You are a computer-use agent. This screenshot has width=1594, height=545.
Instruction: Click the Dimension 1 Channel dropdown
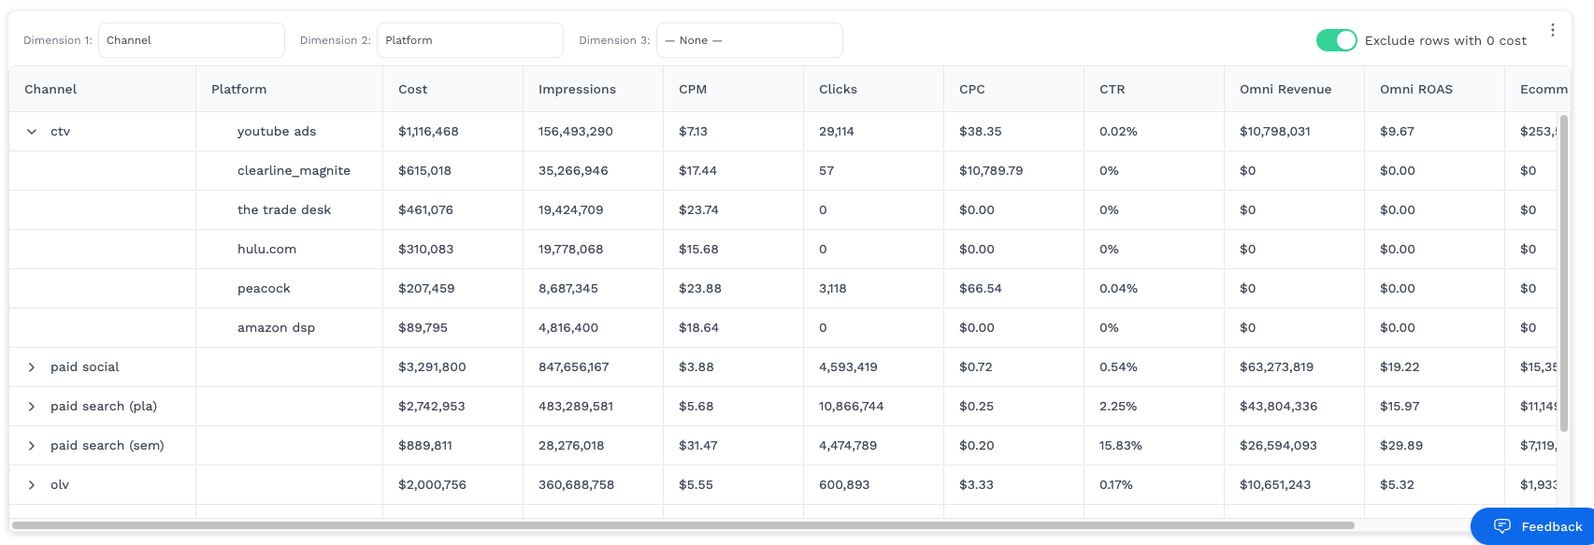pyautogui.click(x=191, y=40)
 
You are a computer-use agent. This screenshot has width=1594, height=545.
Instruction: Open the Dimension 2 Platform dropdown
pyautogui.click(x=469, y=40)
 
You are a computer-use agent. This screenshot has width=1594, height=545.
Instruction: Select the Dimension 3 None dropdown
pyautogui.click(x=749, y=40)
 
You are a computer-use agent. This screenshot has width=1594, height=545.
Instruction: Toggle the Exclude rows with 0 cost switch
pyautogui.click(x=1336, y=40)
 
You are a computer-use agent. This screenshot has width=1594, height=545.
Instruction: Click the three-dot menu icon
pyautogui.click(x=1552, y=30)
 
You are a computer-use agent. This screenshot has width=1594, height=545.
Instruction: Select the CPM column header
pyautogui.click(x=693, y=90)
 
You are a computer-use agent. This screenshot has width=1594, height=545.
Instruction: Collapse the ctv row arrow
pyautogui.click(x=32, y=132)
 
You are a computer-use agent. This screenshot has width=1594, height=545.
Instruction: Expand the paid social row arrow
pyautogui.click(x=32, y=367)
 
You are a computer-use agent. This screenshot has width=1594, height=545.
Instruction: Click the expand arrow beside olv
pyautogui.click(x=32, y=485)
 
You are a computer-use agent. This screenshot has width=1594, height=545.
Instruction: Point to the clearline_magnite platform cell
pyautogui.click(x=294, y=171)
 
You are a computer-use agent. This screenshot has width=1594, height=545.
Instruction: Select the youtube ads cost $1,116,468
pyautogui.click(x=428, y=132)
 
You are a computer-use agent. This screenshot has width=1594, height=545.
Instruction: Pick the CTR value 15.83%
pyautogui.click(x=1120, y=446)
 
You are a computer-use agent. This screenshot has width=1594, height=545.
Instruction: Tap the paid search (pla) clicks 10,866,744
pyautogui.click(x=851, y=407)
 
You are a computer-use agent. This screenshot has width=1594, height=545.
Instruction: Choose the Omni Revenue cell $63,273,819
pyautogui.click(x=1276, y=367)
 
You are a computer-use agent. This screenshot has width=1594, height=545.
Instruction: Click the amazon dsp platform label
pyautogui.click(x=276, y=328)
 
